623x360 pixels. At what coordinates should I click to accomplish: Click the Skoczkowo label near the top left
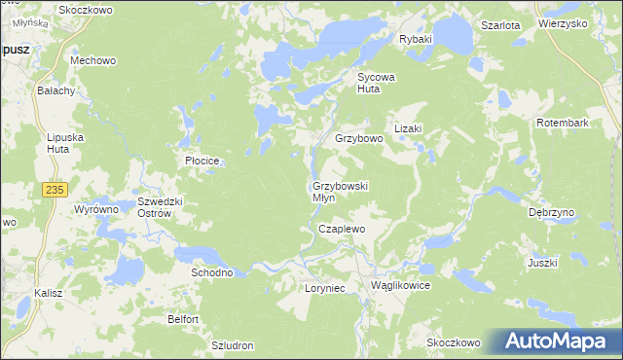[x=86, y=10]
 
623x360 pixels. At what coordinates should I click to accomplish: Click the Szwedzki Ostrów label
[x=161, y=207]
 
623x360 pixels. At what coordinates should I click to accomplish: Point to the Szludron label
[x=233, y=345]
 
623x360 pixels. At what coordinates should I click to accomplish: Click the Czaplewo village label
[x=342, y=229]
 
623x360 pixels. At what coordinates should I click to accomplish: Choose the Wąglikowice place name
[x=400, y=286]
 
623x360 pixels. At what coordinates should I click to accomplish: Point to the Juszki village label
[x=542, y=263]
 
